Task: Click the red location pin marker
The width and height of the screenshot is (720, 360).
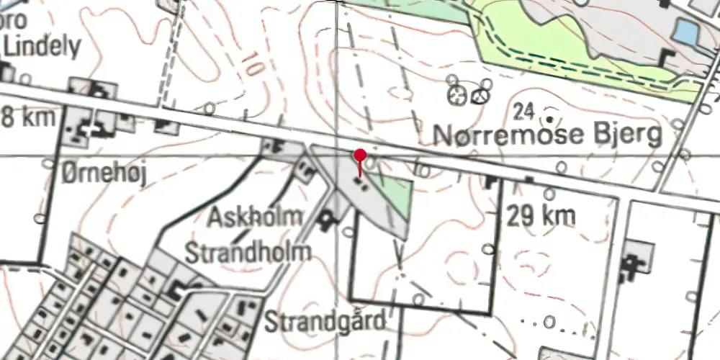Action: (x=359, y=155)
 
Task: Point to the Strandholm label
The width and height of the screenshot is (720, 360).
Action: (x=249, y=251)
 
